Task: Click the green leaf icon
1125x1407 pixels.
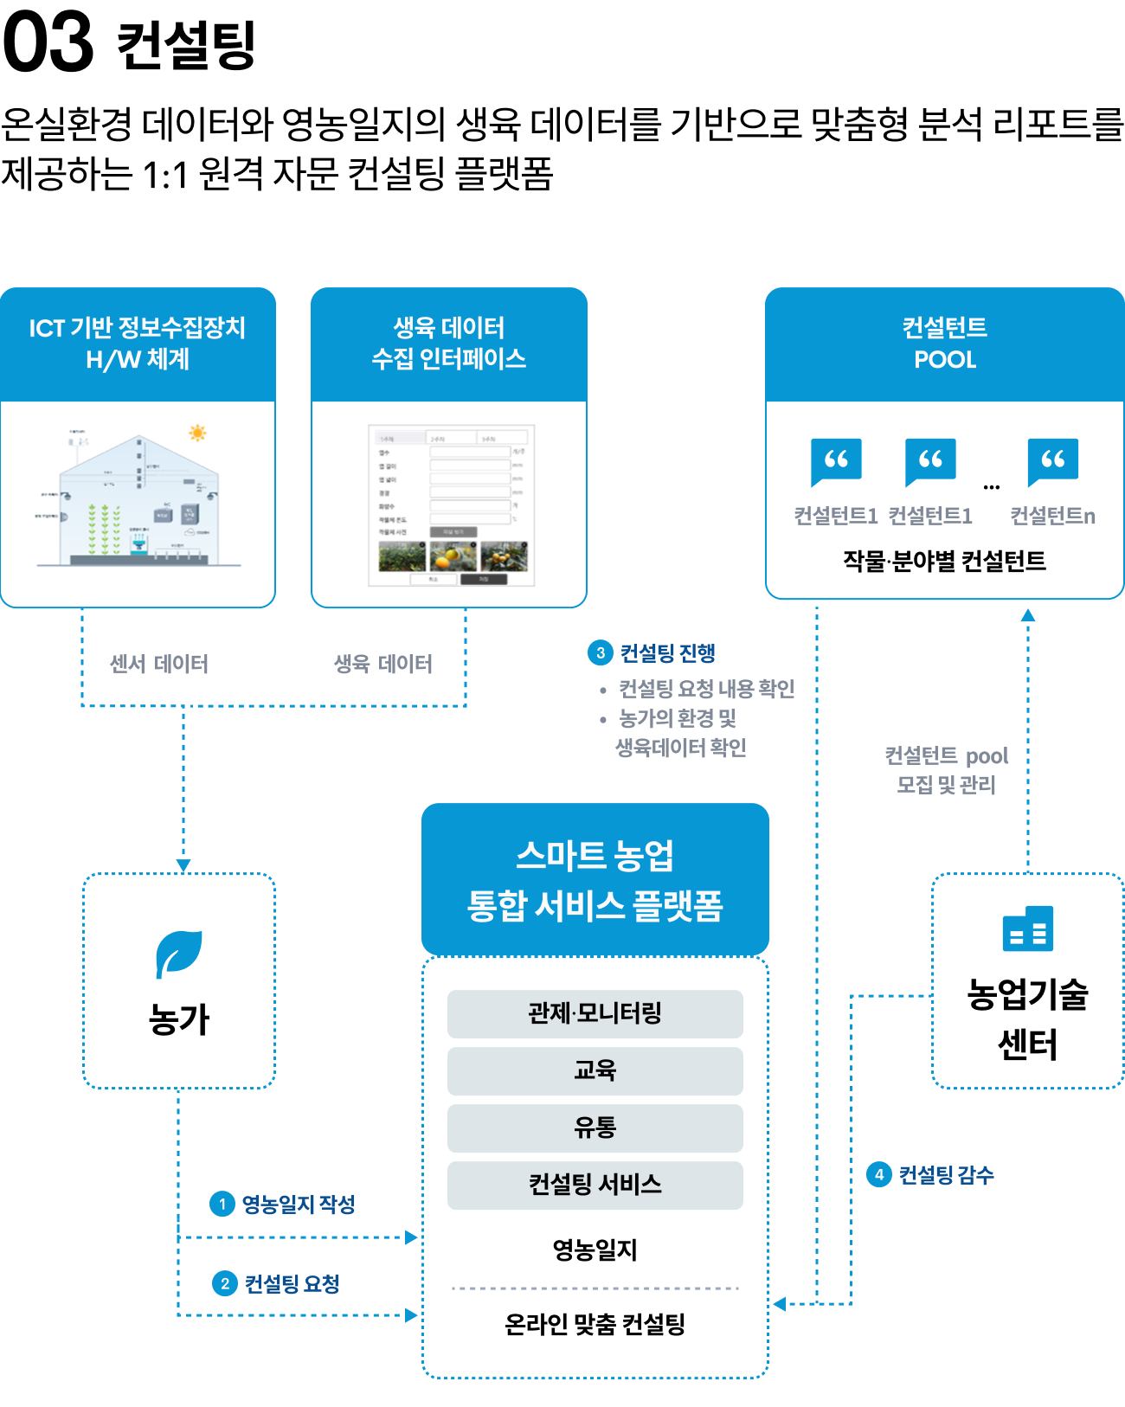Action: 179,954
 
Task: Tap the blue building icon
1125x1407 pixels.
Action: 1027,928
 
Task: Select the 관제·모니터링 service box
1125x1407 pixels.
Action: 595,1013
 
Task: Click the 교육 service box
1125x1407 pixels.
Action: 595,1070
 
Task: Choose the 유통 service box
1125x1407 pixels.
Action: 595,1128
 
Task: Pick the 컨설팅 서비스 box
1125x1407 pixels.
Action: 595,1185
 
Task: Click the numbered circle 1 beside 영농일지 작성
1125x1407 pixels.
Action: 222,1204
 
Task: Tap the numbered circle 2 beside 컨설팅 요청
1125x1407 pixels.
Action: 225,1283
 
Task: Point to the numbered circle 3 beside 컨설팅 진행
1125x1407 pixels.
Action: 601,652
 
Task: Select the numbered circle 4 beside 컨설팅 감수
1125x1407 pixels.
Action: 879,1174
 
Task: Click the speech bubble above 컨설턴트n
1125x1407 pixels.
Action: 1052,460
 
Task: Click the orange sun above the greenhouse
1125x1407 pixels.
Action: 197,433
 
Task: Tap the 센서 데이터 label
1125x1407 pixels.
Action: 159,664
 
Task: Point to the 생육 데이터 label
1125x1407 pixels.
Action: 383,664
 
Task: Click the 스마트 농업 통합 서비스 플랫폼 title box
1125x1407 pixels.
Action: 595,879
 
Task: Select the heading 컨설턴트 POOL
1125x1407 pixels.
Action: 944,344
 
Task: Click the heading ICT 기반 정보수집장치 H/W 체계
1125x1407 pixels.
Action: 138,344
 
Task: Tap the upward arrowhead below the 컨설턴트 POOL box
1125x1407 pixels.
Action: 1028,615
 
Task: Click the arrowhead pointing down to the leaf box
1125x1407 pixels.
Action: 183,865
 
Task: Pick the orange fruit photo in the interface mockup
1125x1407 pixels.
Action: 453,556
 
